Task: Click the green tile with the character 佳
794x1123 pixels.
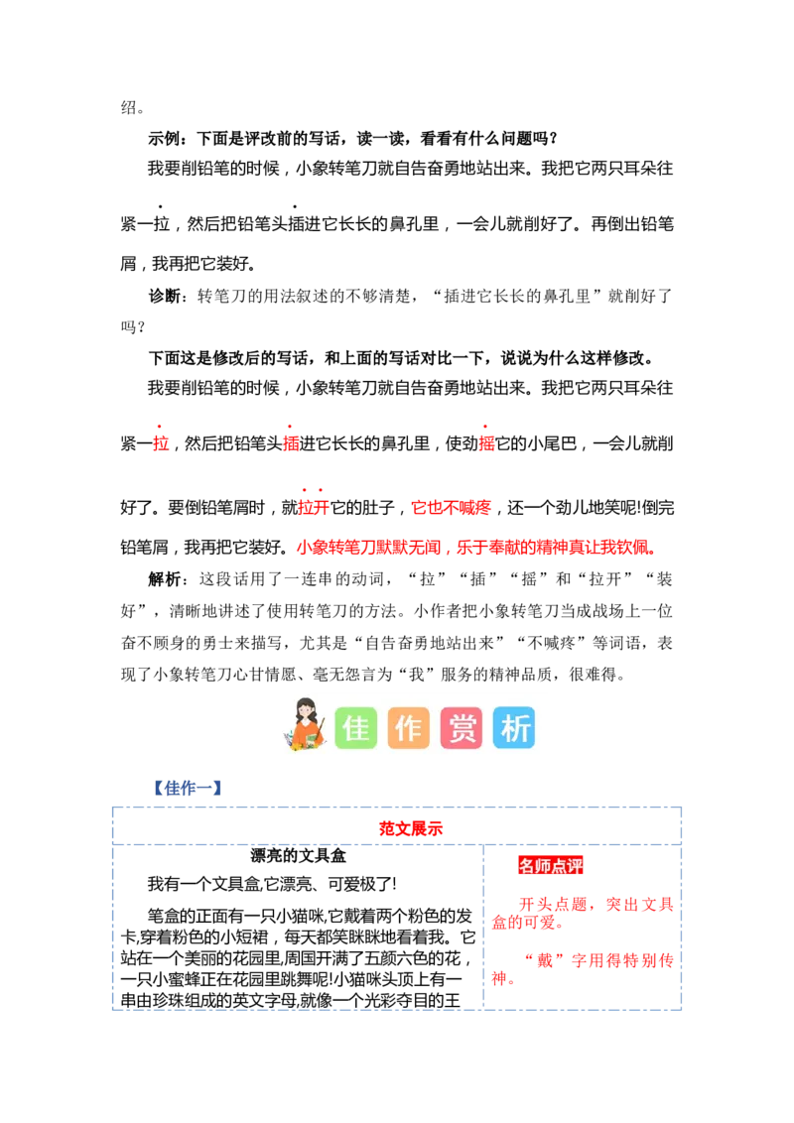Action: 355,728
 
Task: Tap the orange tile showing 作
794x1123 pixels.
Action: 408,728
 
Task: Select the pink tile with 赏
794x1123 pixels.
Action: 462,728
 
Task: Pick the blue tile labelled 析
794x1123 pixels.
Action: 514,728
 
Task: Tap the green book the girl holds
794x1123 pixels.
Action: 293,739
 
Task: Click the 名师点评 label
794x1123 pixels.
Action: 551,866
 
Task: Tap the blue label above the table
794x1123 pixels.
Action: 186,789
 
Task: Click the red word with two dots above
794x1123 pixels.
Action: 313,507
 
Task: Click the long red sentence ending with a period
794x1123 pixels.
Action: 476,547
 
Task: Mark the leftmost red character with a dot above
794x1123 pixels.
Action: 160,443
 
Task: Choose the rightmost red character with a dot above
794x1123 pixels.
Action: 486,443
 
